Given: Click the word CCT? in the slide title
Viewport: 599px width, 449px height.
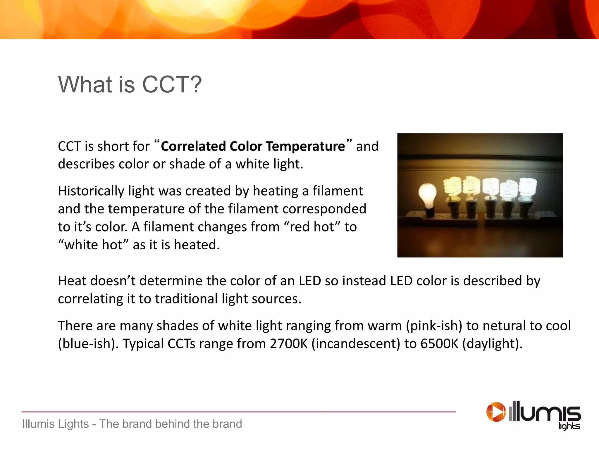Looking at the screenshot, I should tap(172, 85).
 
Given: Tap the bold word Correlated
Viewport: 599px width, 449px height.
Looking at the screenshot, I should tap(193, 146).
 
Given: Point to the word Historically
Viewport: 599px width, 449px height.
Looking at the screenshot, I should tap(91, 191).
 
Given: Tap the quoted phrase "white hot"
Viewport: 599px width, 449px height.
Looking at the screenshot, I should tap(93, 245).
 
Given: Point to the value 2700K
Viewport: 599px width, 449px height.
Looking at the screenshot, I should tap(289, 344).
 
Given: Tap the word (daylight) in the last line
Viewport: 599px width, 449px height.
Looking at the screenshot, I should tap(492, 344).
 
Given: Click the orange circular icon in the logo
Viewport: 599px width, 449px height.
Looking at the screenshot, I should tap(496, 412).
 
